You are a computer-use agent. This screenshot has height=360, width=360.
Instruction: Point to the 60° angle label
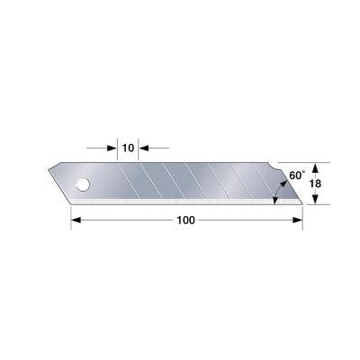296,174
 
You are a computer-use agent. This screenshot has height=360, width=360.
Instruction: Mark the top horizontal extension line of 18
301,162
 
